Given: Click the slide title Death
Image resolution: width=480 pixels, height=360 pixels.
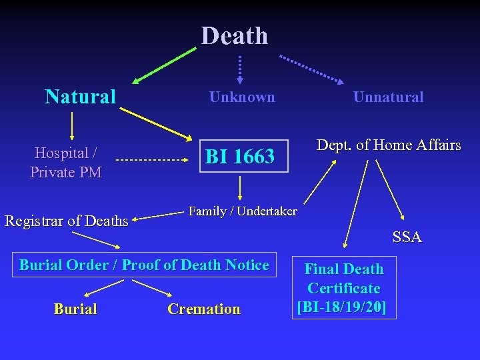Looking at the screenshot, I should (235, 35).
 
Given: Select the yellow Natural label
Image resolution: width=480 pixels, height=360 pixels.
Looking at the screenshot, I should (81, 97).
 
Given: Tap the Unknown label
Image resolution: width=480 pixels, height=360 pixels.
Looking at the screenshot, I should (242, 97).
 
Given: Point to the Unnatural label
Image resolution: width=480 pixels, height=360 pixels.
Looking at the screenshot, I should (388, 97).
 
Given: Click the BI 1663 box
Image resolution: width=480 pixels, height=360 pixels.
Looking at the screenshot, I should (240, 157).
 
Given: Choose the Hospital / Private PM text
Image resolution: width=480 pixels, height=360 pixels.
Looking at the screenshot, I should (65, 162).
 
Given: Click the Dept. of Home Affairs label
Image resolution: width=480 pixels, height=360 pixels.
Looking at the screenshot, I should (389, 145).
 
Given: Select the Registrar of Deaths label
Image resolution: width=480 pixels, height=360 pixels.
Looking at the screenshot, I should (67, 221).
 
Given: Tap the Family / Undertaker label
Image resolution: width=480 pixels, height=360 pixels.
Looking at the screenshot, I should (243, 211).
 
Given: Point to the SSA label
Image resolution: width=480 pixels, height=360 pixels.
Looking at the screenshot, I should (407, 237).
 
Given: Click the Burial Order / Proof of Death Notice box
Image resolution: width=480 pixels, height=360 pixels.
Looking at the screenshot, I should (144, 265).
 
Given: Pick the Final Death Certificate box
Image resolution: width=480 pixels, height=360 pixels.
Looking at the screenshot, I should (343, 288).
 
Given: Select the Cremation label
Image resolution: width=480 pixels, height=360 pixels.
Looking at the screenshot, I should (204, 309).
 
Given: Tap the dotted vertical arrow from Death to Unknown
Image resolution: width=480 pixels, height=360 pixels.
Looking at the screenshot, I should (240, 69).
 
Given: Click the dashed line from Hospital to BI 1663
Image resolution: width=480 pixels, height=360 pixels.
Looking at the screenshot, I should (150, 161).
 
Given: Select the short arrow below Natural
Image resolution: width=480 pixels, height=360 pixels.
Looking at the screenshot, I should (72, 125).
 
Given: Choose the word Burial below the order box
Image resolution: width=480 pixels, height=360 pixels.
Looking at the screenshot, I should (75, 309).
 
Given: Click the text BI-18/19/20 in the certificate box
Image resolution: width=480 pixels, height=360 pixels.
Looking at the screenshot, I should (343, 307).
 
